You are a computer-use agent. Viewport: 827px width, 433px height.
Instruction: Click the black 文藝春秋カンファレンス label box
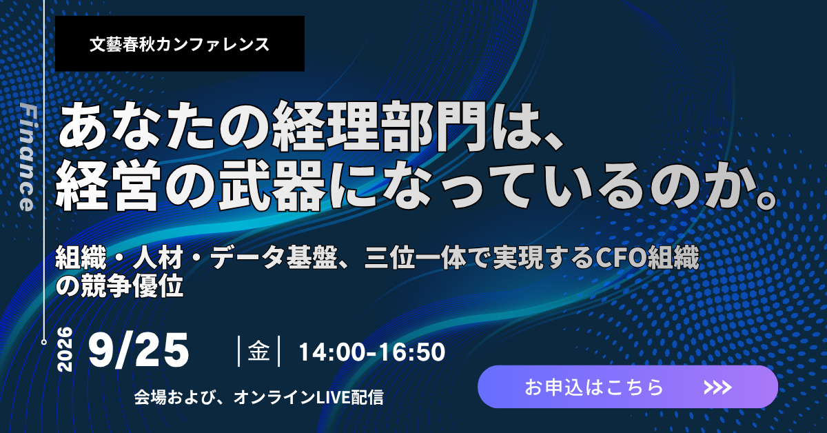coord(180,43)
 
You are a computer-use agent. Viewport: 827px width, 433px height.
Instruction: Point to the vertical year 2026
coord(65,349)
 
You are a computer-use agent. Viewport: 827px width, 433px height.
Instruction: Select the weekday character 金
coord(258,351)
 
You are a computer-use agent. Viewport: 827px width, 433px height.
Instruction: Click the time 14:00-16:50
coord(371,352)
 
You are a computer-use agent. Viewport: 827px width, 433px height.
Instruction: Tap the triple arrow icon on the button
coord(717,387)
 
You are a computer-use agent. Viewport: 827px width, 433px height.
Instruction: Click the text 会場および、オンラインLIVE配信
coord(259,398)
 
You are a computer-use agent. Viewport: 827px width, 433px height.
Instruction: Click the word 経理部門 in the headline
coord(378,126)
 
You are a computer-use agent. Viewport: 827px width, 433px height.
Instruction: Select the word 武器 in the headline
coord(272,187)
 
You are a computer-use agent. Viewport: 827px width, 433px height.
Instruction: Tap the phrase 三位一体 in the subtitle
coord(416,258)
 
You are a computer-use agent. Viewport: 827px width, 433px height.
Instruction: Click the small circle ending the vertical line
coord(44,342)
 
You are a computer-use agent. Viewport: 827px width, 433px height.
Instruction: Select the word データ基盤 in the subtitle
coord(274,258)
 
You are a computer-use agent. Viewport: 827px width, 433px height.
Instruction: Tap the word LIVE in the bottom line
coord(333,398)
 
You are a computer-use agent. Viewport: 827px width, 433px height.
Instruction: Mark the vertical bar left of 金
coord(239,351)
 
